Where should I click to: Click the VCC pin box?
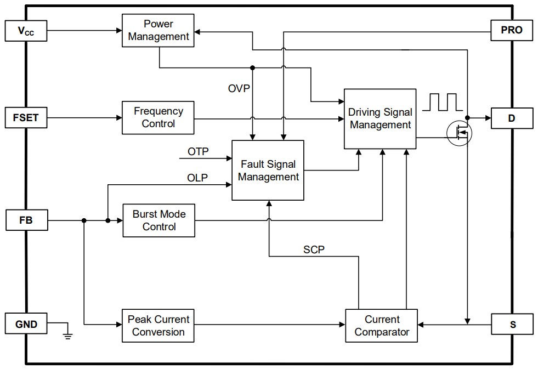[26, 31]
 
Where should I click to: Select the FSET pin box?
[26, 117]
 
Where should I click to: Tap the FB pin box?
[26, 220]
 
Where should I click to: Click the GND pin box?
[26, 324]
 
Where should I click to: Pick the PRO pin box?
[512, 31]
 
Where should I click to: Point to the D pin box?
[512, 118]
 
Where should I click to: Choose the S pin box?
[512, 324]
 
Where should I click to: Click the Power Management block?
[158, 31]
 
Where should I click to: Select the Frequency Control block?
[158, 117]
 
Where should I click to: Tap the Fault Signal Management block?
[268, 171]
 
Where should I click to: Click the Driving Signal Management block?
[380, 118]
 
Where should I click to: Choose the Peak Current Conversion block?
[158, 325]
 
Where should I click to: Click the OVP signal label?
[239, 88]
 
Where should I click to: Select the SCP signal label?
[314, 249]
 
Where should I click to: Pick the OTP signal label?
[198, 151]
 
